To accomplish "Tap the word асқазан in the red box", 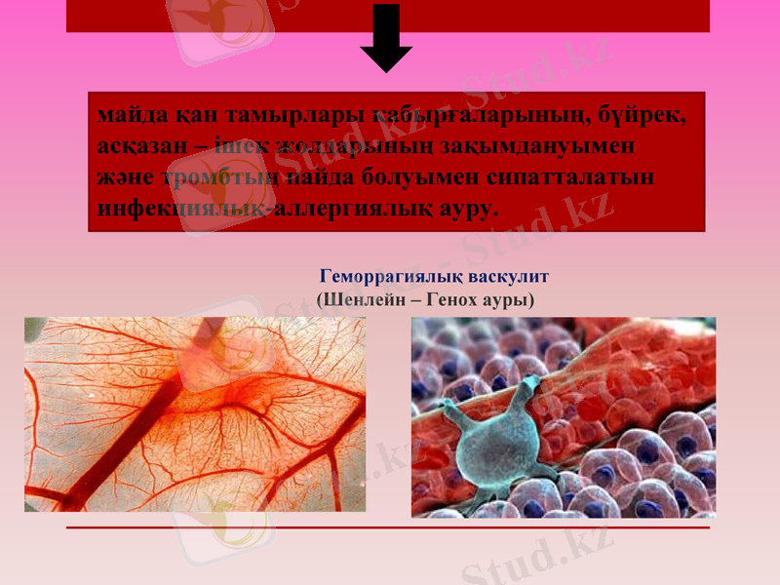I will click(138, 146).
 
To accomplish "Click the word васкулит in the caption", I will click(508, 276).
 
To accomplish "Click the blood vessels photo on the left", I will click(195, 414).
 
